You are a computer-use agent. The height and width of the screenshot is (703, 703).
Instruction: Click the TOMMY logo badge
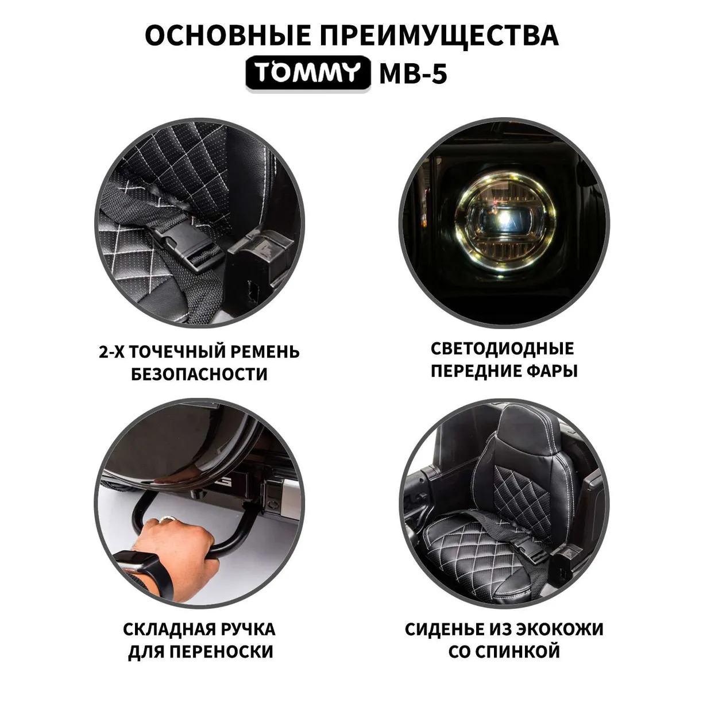(x=308, y=74)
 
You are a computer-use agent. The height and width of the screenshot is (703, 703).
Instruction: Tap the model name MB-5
(x=413, y=74)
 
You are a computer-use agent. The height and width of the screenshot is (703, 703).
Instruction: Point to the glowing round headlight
(x=505, y=223)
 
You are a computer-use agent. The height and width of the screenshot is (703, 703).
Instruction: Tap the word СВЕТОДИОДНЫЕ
(x=503, y=349)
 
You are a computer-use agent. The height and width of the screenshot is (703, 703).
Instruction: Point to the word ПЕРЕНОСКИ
(x=222, y=652)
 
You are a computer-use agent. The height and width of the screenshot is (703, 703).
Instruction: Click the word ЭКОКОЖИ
(x=561, y=629)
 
